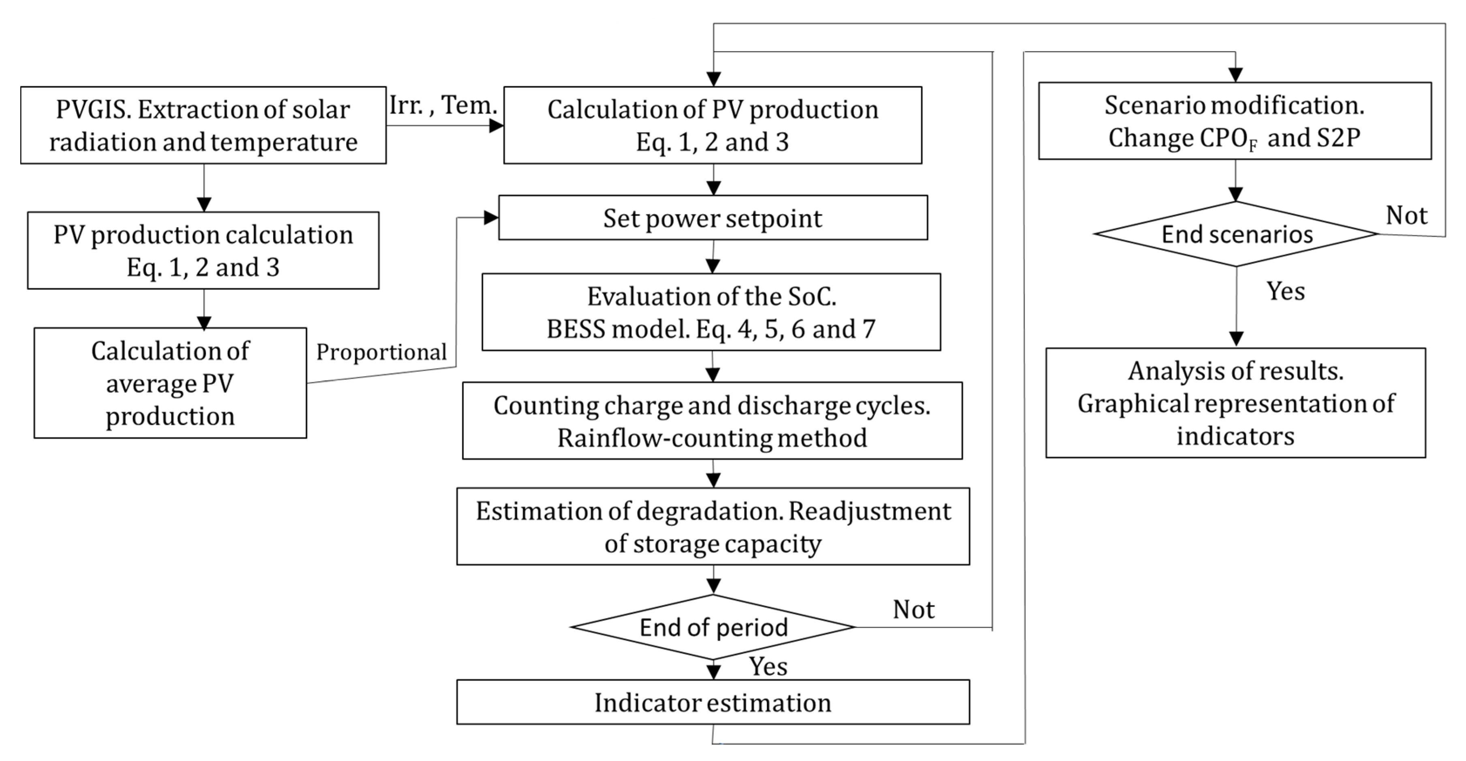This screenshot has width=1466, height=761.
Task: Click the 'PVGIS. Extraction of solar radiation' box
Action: coord(203,125)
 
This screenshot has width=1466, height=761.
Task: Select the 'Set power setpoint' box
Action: coord(713,218)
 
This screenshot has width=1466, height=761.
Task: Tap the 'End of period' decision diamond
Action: coord(713,627)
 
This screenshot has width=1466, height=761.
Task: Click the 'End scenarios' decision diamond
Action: coord(1236,234)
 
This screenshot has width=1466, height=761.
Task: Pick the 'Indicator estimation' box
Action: coord(713,702)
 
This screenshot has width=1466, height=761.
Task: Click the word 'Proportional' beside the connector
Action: coord(381,352)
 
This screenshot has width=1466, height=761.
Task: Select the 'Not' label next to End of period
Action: coord(914,610)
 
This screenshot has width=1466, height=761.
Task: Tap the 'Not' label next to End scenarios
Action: coord(1406,216)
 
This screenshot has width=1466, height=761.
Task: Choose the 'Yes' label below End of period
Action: coord(768,667)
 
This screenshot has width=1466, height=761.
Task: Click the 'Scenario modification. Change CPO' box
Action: coord(1235,121)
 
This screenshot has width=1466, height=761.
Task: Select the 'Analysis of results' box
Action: coord(1235,403)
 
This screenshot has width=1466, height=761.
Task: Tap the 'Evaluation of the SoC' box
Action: coord(711,313)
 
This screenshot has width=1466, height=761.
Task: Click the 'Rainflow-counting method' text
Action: coord(712,438)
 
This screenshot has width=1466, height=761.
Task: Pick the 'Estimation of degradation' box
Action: coord(713,527)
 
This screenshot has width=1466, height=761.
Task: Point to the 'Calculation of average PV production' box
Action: coord(170,383)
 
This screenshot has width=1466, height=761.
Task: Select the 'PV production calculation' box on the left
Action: coord(203,251)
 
